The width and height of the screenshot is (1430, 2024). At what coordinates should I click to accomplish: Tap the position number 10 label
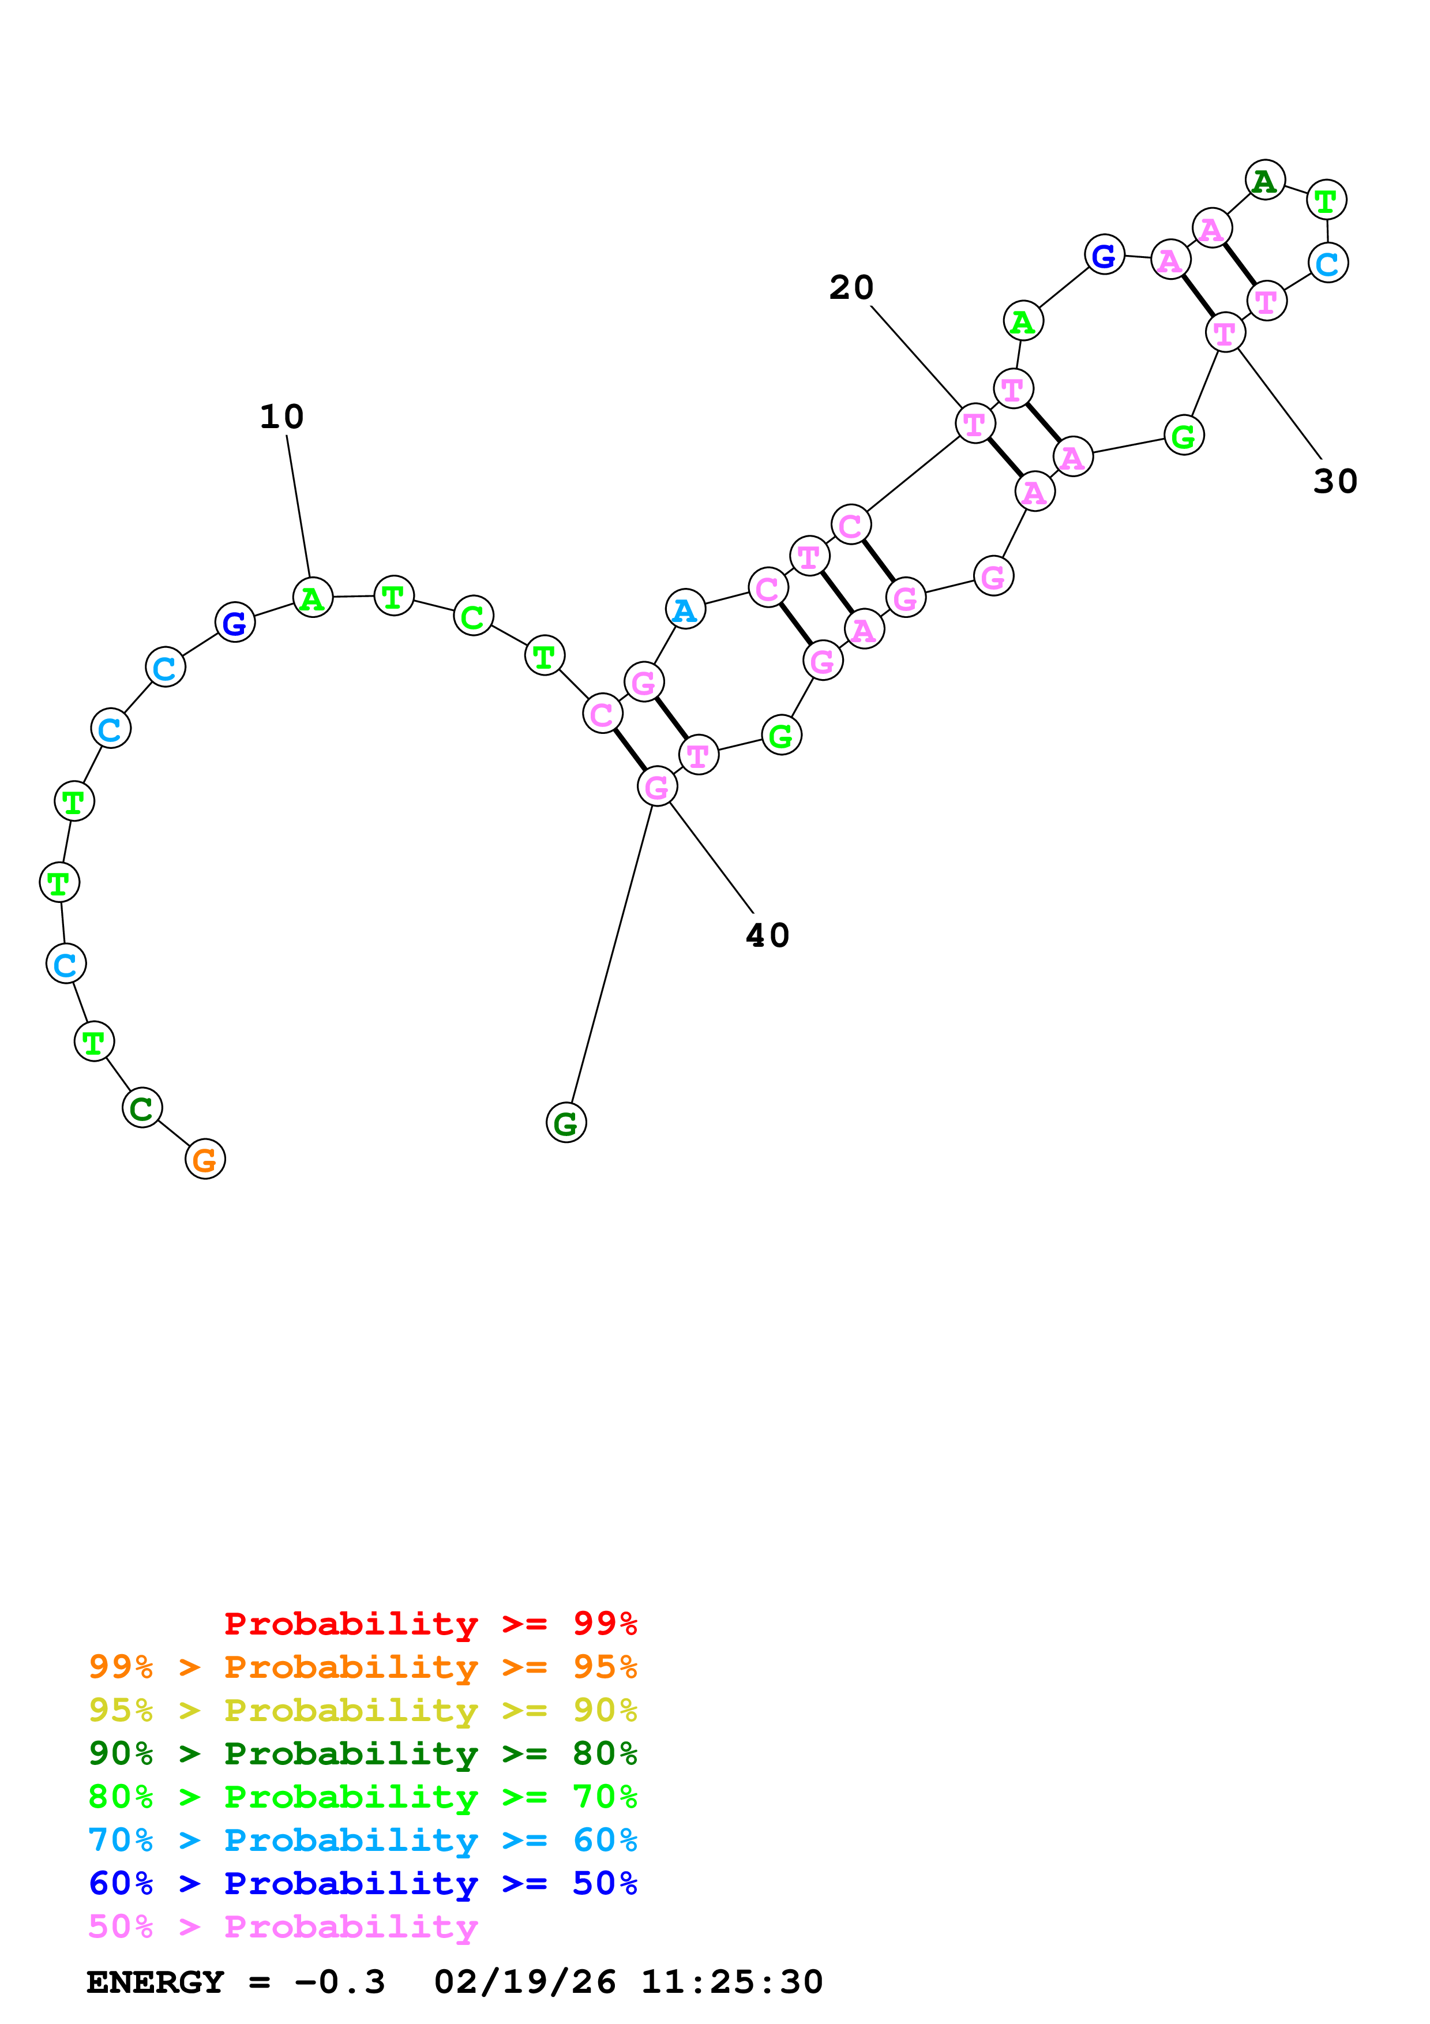pos(282,417)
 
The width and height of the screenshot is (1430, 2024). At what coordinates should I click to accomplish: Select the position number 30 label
pos(1335,481)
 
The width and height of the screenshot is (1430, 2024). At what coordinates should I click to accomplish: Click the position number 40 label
pos(767,935)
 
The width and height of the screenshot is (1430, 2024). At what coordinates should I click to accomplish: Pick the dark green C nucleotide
pos(142,1108)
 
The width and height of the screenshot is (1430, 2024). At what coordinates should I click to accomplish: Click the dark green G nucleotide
pos(566,1123)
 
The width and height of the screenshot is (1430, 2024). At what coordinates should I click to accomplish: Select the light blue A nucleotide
pos(685,609)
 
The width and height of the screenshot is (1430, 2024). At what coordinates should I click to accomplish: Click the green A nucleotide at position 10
pos(312,598)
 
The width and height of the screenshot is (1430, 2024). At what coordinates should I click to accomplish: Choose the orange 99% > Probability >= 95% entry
pos(363,1667)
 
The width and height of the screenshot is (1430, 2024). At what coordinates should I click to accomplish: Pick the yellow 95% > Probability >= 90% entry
pos(363,1710)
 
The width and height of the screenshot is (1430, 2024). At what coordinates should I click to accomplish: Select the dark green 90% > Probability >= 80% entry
pos(363,1753)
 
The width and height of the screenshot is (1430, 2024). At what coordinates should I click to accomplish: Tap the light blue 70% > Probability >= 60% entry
pos(363,1840)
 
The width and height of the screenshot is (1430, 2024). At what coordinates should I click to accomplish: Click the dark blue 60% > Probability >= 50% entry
pos(363,1883)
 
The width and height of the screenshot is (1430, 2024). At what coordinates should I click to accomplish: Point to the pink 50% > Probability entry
pos(283,1926)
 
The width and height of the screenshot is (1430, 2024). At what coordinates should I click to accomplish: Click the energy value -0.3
pos(339,1982)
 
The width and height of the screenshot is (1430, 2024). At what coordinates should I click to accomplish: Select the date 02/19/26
pos(525,1982)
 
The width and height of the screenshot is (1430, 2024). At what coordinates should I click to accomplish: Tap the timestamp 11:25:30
pos(731,1982)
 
